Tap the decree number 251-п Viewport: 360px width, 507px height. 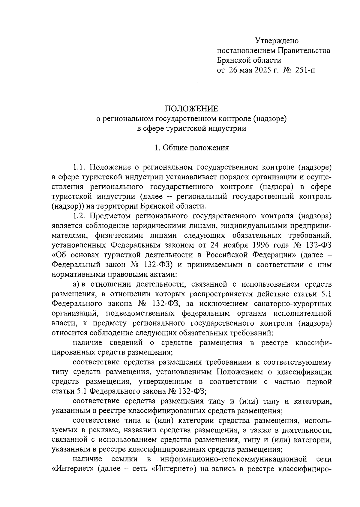pos(305,70)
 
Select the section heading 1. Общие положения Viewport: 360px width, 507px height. pos(192,148)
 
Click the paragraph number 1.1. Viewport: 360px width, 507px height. pos(79,167)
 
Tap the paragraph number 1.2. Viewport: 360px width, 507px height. pos(79,216)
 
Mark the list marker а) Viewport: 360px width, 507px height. pos(76,284)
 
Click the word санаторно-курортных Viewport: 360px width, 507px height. pos(293,304)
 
